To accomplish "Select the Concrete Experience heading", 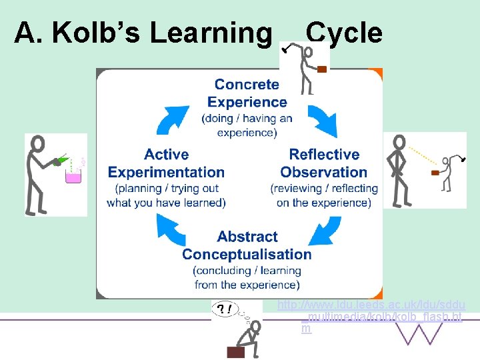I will (247, 93).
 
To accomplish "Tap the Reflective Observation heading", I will (324, 163).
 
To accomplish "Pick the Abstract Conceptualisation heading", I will (247, 245).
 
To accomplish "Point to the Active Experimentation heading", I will (166, 163).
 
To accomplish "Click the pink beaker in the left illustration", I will (72, 176).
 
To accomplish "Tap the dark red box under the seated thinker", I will (237, 352).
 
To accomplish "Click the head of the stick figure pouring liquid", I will (39, 143).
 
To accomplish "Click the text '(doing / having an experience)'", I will (247, 125).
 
